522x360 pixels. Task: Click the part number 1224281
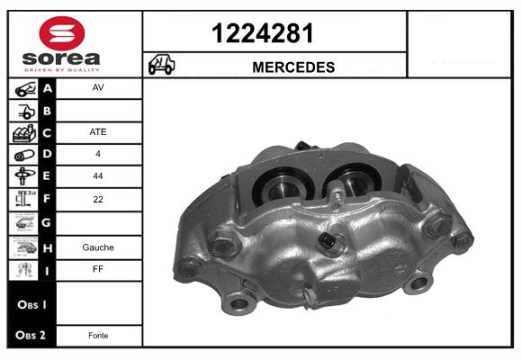tap(262, 33)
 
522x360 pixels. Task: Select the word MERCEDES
tap(293, 67)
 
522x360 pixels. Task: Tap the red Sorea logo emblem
tap(62, 33)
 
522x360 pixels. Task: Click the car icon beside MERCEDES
tap(161, 64)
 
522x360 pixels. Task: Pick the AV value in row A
tap(98, 87)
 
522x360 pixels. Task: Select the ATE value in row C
tap(98, 132)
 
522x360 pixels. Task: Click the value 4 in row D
tap(98, 154)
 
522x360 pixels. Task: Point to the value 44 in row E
tap(98, 175)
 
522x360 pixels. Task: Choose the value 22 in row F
tap(98, 199)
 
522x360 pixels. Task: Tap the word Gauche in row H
tap(98, 247)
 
